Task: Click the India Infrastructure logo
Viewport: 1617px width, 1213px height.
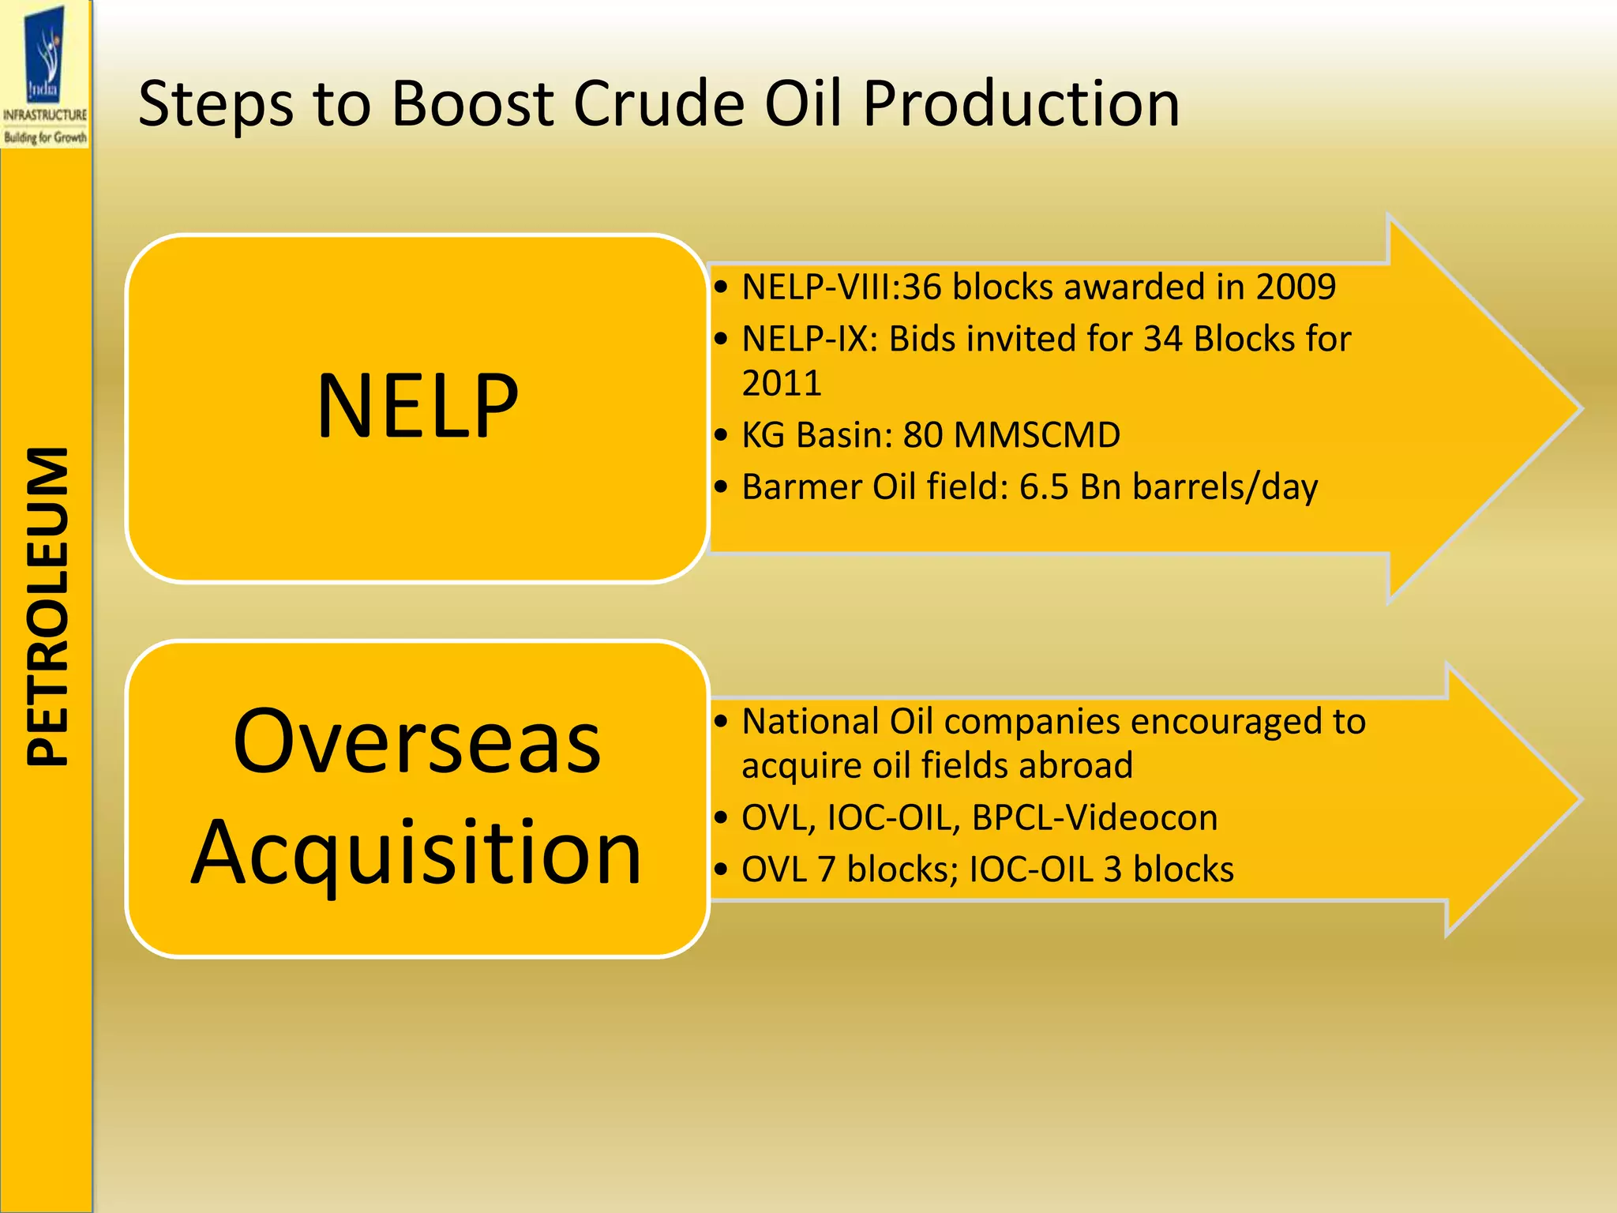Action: click(45, 75)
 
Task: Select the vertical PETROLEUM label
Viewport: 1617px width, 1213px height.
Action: click(47, 606)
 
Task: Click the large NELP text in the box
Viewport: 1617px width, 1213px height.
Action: click(417, 407)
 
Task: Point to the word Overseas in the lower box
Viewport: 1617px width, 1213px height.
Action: click(417, 741)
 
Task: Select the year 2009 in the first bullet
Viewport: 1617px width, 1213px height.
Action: click(1296, 287)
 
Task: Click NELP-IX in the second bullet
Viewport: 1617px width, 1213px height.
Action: click(809, 339)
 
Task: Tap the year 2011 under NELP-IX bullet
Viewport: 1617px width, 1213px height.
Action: click(782, 383)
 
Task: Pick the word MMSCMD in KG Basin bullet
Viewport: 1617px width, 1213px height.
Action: click(1036, 435)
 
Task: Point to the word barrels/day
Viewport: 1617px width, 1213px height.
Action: click(1225, 487)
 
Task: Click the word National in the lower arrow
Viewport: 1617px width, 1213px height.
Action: click(809, 722)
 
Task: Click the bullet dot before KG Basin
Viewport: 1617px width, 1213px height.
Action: click(720, 435)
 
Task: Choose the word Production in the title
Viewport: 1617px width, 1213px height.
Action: click(1021, 103)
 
